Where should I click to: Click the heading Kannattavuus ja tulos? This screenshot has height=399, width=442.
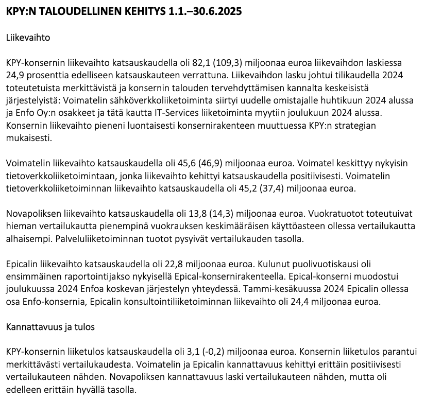[50, 327]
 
